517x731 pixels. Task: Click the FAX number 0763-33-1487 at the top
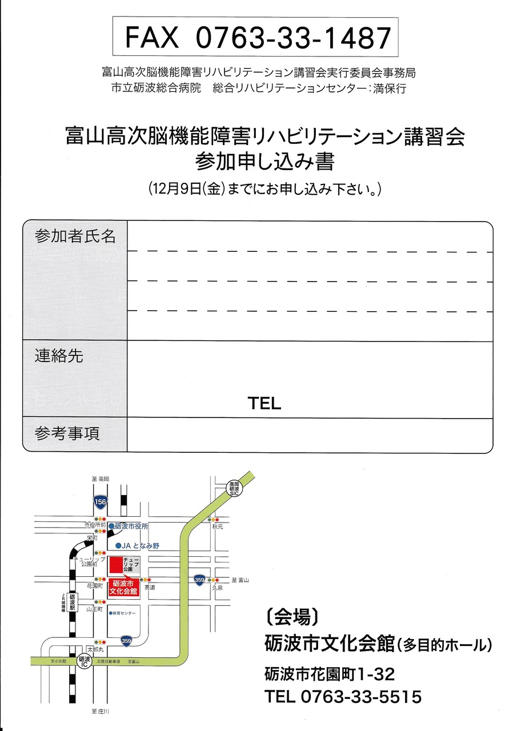coord(293,37)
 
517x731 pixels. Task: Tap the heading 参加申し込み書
coord(264,162)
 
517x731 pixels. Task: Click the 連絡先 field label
coord(59,356)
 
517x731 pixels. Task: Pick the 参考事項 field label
coord(67,433)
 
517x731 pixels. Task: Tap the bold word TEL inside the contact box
coord(264,404)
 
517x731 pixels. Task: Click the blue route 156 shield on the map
coord(101,501)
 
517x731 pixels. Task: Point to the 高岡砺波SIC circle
coord(233,487)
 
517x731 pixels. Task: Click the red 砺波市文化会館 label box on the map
coord(123,588)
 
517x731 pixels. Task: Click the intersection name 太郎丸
coord(95,650)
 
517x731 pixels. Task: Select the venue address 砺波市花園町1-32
coord(330,674)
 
